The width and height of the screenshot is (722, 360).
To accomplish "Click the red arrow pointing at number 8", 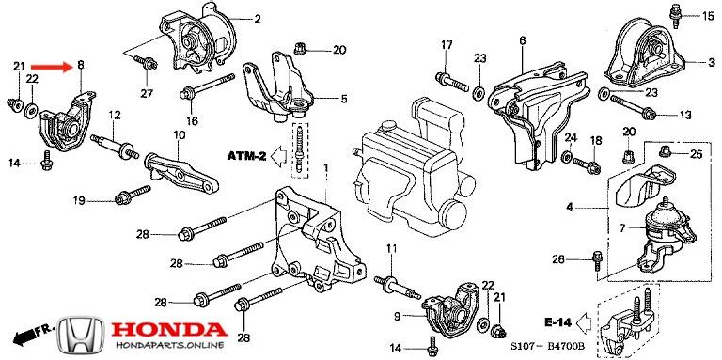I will (51, 67).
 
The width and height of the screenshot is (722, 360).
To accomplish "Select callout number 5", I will (343, 97).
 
